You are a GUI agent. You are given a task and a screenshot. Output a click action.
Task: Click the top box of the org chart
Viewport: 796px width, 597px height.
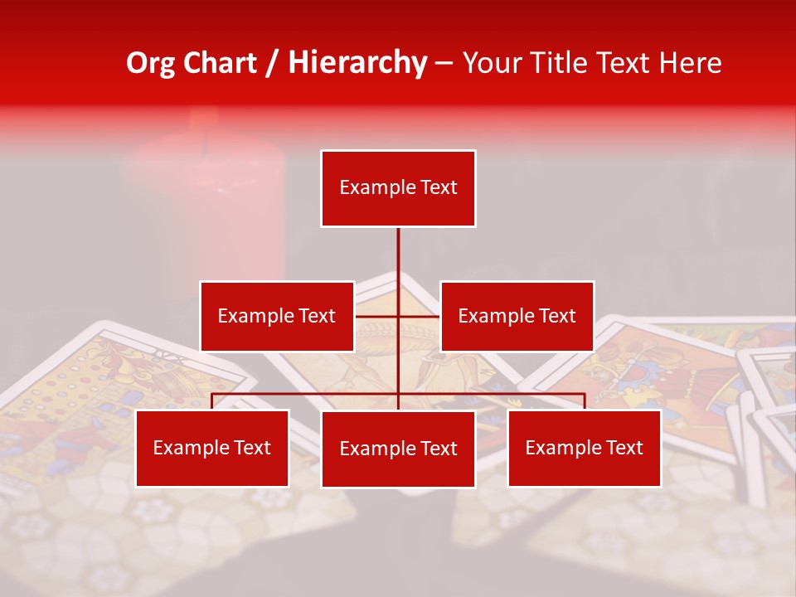398,188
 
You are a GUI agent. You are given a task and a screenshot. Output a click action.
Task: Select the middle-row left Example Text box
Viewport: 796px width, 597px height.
277,316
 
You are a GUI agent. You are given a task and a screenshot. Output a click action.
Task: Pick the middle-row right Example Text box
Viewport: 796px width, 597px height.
517,316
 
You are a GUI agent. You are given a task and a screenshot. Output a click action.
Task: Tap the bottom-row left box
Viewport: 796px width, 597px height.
212,449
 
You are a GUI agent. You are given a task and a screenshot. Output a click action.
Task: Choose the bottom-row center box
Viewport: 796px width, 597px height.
398,449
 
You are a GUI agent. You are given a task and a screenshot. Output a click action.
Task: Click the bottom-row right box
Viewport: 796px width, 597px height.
584,449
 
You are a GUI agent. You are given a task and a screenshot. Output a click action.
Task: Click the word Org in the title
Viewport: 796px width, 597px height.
150,63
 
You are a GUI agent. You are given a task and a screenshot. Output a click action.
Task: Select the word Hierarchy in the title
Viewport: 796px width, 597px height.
357,63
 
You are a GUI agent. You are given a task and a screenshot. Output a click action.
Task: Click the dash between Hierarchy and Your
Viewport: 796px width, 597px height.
444,63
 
